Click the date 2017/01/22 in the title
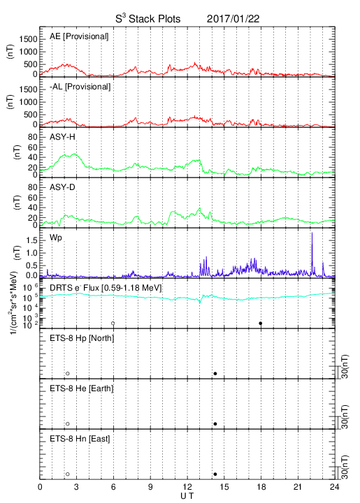[233, 19]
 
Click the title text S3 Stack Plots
[148, 18]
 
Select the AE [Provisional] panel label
[79, 36]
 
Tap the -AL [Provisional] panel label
[80, 87]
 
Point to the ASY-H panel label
[62, 137]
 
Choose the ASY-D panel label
[62, 187]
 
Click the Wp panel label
[56, 238]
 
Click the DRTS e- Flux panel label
[106, 288]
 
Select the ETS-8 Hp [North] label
[82, 338]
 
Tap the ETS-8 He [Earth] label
[82, 388]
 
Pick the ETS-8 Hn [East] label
[80, 439]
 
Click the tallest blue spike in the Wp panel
[312, 233]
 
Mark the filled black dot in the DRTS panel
[261, 323]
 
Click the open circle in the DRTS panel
[113, 323]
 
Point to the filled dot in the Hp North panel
[215, 374]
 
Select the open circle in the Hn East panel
[68, 474]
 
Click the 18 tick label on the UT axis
[261, 487]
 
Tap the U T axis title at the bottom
[187, 496]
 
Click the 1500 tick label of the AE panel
[28, 39]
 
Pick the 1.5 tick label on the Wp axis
[31, 240]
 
